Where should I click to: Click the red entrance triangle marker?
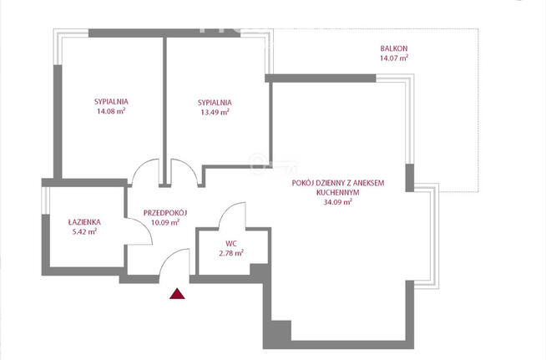click(176, 293)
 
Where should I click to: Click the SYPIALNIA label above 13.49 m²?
click(215, 102)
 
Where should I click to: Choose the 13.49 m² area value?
click(215, 113)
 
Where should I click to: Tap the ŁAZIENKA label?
click(84, 222)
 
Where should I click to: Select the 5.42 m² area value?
click(84, 233)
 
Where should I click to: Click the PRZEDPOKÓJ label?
click(164, 212)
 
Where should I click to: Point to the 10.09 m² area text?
click(164, 223)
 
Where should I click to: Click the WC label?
click(230, 243)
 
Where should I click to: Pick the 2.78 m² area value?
click(230, 253)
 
